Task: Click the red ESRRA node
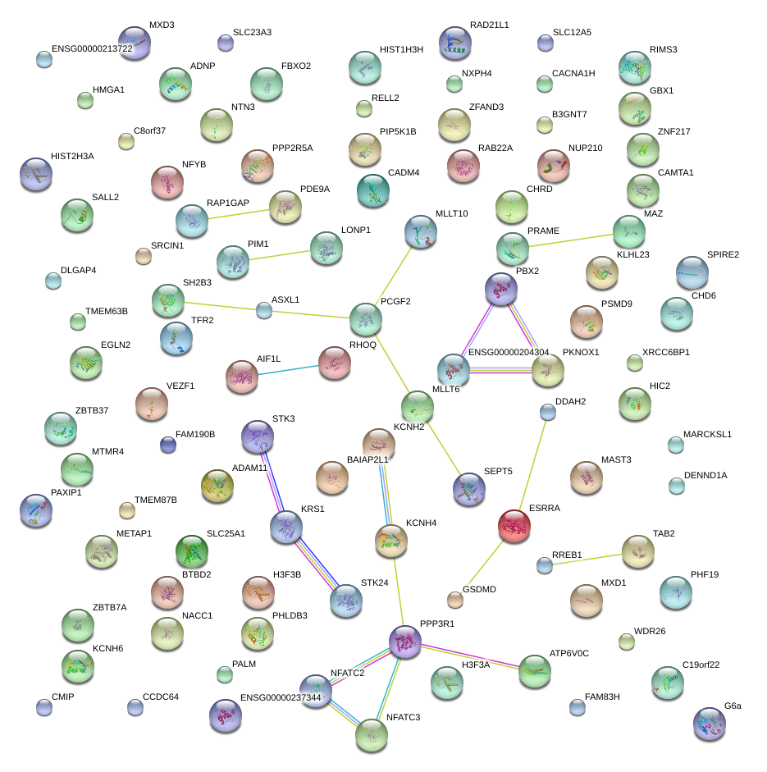click(514, 525)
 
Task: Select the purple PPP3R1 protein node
click(404, 641)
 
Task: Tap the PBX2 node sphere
click(500, 288)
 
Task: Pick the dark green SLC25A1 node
click(192, 551)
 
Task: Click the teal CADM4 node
click(373, 190)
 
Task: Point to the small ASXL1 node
click(263, 310)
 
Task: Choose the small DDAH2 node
click(548, 412)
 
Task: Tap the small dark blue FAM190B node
click(168, 445)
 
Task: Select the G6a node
click(709, 723)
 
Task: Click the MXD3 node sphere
click(135, 43)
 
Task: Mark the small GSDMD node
click(455, 600)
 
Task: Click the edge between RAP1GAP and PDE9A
click(239, 213)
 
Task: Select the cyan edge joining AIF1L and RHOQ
click(288, 368)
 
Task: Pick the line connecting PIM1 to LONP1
click(279, 255)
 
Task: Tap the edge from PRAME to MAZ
click(570, 240)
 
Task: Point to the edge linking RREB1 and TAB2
click(590, 559)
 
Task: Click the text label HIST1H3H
click(401, 49)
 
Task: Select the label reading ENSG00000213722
click(92, 49)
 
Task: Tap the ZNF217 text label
click(673, 131)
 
